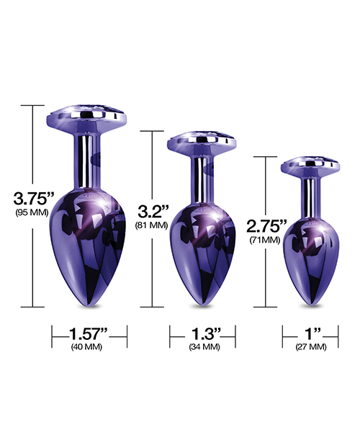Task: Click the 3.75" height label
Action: pos(25,197)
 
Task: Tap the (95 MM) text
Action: pos(25,213)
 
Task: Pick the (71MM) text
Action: pos(266,240)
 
